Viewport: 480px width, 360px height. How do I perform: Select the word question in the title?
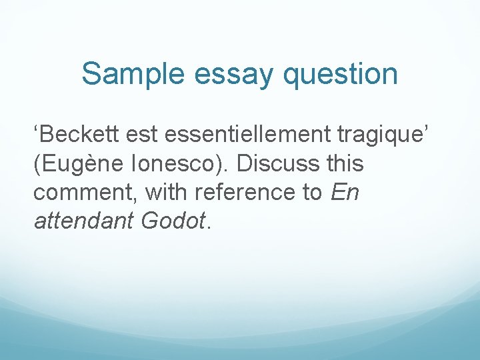tap(340, 75)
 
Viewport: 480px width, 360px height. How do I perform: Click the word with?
tap(166, 193)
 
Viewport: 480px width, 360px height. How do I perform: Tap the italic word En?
tap(345, 193)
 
